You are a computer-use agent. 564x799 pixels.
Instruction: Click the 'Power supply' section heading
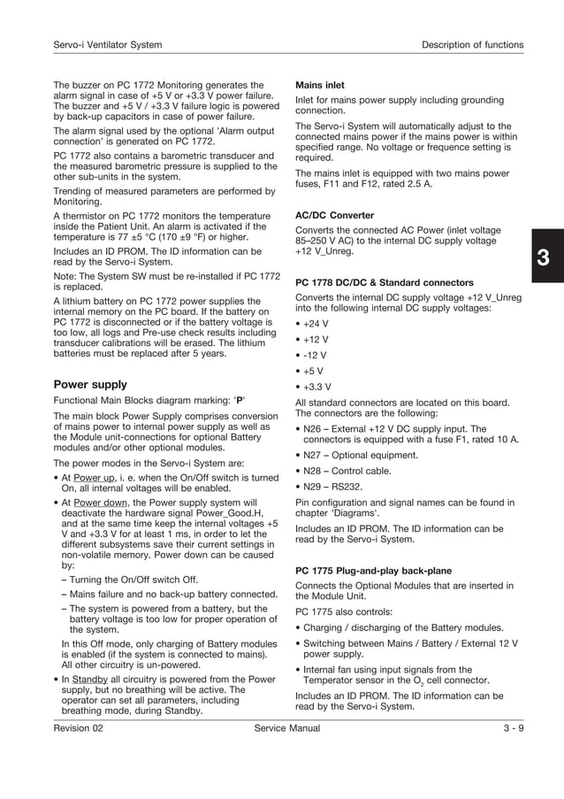[90, 385]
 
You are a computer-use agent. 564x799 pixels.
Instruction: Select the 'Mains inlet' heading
[319, 86]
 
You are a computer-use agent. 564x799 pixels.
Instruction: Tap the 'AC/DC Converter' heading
[334, 215]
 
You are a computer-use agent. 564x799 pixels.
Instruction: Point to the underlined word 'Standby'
[91, 680]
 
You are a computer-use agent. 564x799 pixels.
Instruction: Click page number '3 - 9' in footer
[507, 728]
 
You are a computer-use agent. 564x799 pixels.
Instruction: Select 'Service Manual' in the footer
[286, 728]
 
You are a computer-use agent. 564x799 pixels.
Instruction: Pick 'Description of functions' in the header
[472, 45]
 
